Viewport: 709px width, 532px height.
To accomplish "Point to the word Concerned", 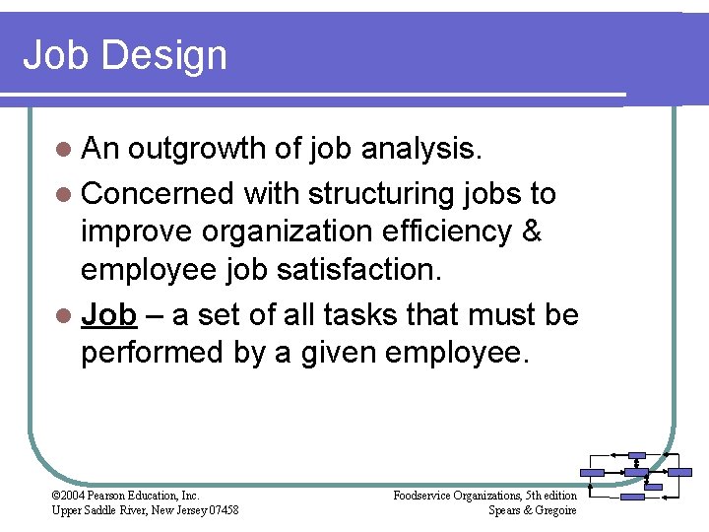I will coord(157,193).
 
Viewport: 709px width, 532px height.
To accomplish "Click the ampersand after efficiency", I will coord(531,232).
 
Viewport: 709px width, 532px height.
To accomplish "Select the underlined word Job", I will coord(108,314).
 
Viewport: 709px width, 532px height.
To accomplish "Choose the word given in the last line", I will coord(325,353).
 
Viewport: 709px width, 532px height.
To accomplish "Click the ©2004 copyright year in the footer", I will coord(68,495).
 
